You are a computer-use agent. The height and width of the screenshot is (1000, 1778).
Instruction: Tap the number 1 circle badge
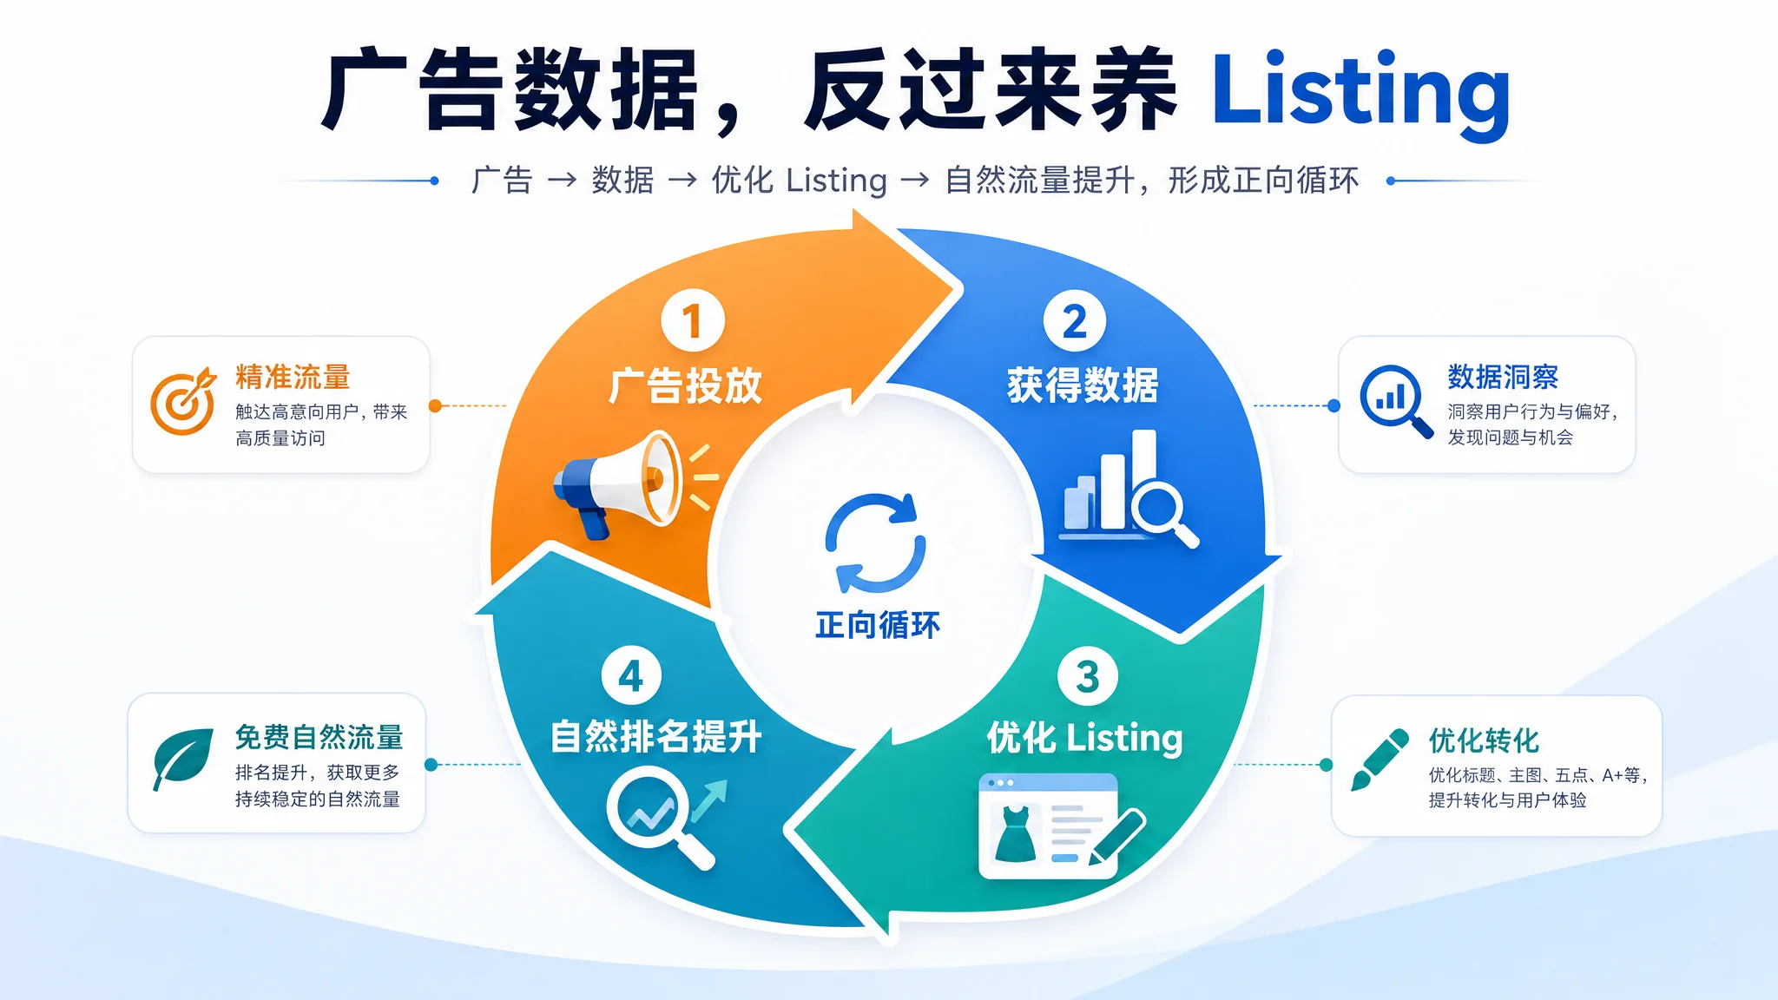pyautogui.click(x=693, y=321)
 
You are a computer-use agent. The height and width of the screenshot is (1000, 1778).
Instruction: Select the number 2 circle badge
pyautogui.click(x=1075, y=321)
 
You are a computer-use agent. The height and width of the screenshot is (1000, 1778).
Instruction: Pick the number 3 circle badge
pyautogui.click(x=1087, y=677)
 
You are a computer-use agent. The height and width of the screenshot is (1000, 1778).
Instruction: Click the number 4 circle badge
pyautogui.click(x=631, y=676)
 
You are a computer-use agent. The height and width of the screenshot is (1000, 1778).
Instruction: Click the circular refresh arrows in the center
pyautogui.click(x=875, y=543)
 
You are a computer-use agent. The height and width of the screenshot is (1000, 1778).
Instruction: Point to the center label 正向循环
pyautogui.click(x=877, y=625)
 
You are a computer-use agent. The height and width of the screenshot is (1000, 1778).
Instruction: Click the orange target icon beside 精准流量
pyautogui.click(x=183, y=400)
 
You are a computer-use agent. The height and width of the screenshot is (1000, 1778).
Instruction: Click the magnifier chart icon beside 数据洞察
pyautogui.click(x=1396, y=401)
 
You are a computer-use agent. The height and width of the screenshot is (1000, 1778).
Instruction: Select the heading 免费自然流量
pyautogui.click(x=319, y=737)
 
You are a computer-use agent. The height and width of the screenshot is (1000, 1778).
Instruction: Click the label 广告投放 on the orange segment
pyautogui.click(x=685, y=386)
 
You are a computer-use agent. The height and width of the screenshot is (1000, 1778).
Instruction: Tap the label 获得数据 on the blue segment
pyautogui.click(x=1083, y=385)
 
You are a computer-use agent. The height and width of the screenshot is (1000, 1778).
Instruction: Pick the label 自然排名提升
pyautogui.click(x=656, y=737)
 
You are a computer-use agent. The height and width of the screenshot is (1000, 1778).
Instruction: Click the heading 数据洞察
pyautogui.click(x=1503, y=378)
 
